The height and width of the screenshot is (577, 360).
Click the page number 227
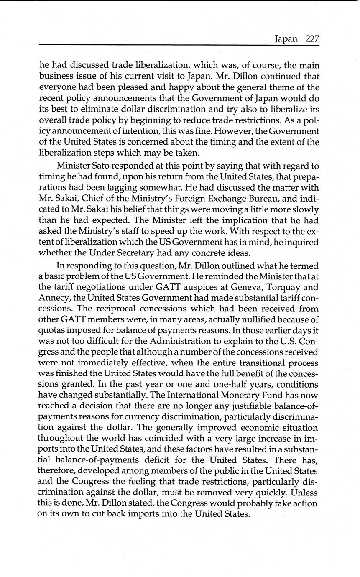click(x=312, y=39)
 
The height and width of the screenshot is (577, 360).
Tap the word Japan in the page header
click(x=286, y=39)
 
